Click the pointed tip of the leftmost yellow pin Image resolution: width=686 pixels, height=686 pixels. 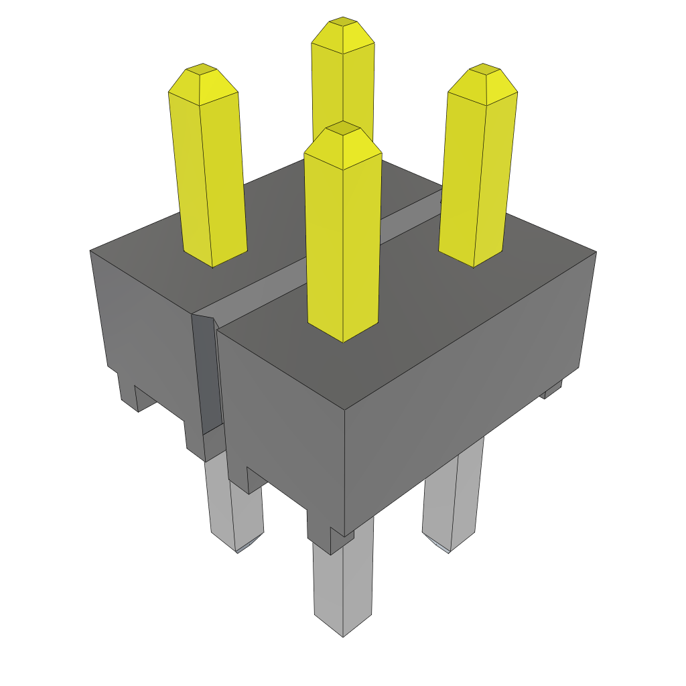(202, 70)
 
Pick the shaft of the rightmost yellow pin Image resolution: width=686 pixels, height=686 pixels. (477, 181)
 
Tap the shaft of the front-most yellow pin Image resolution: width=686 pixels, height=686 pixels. (343, 248)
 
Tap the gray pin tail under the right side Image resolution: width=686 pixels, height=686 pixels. (454, 496)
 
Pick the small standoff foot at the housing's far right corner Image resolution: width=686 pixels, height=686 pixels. (552, 389)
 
